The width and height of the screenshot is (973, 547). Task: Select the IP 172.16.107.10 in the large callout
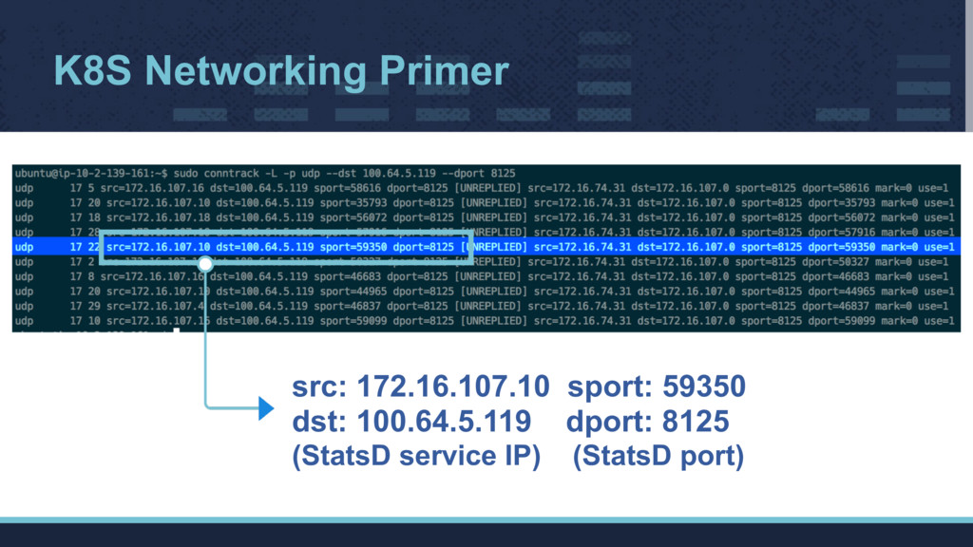pos(452,387)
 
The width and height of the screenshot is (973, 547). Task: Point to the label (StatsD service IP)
pos(415,457)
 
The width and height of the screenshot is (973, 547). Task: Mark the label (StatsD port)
pos(658,457)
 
